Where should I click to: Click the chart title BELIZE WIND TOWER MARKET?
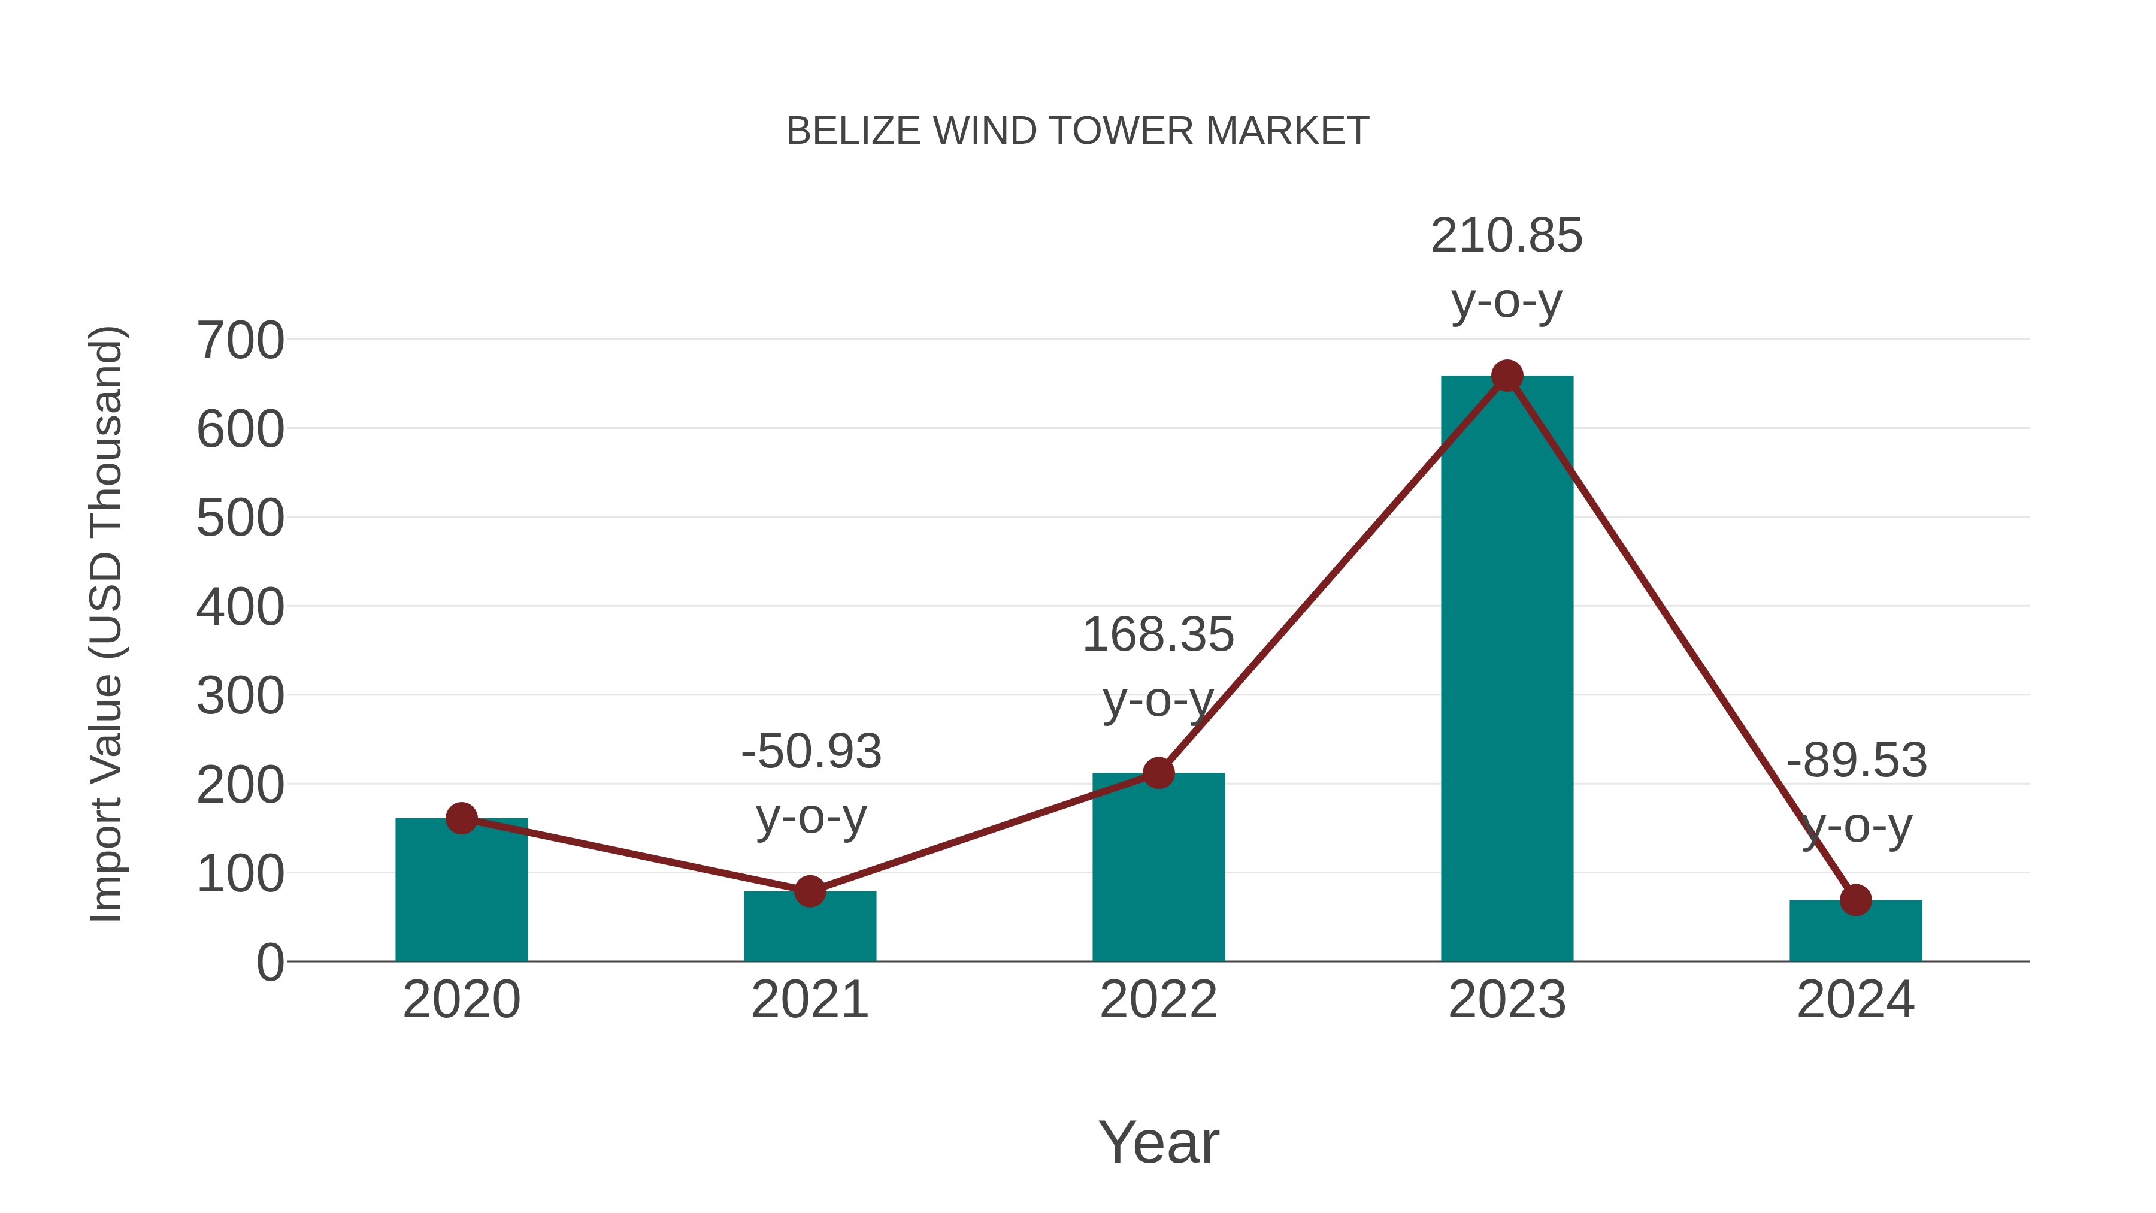[x=1077, y=131]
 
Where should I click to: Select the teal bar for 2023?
[x=1507, y=670]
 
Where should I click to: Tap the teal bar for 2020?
[x=461, y=891]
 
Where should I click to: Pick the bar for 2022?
[x=1158, y=870]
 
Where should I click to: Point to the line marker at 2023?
[x=1507, y=376]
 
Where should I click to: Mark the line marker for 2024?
[x=1855, y=900]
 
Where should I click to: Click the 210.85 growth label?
[x=1507, y=236]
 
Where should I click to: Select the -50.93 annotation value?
[x=811, y=751]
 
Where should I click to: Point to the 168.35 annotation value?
[x=1158, y=634]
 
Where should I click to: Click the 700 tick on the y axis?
[x=240, y=341]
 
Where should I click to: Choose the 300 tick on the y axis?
[x=240, y=697]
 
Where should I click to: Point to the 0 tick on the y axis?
[x=269, y=963]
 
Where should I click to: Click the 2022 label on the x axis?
[x=1158, y=1000]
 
